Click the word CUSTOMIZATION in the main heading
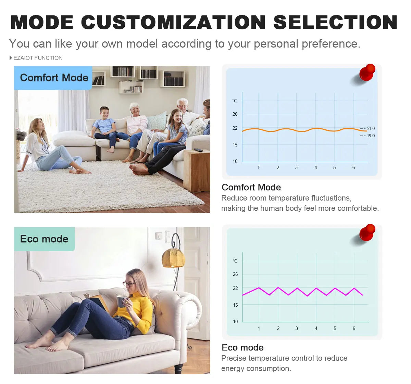pos(173,22)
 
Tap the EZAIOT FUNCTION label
pos(38,58)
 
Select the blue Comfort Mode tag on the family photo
pos(53,78)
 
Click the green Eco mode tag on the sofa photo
pos(44,239)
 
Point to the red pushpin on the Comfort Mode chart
pos(367,72)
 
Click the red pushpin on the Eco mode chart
pos(367,232)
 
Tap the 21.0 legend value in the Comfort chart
pos(371,129)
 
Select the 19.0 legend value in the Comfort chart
pos(371,136)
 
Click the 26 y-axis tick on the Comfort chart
pos(235,114)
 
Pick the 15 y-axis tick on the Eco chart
pos(235,305)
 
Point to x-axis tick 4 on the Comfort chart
pos(316,167)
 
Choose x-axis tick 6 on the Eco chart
pos(354,328)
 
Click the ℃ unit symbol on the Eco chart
pos(235,261)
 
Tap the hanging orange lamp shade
pos(173,257)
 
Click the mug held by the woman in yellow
pos(121,301)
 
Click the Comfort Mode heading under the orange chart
pos(251,187)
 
